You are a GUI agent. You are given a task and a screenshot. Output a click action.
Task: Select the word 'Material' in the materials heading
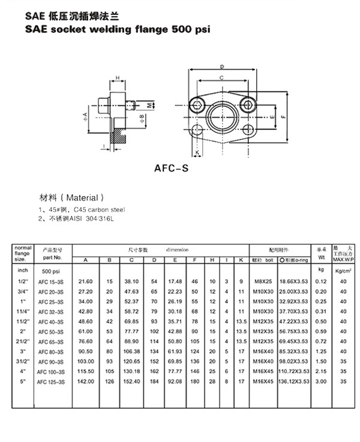click(x=85, y=197)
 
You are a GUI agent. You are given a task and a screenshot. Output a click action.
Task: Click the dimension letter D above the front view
click(x=221, y=66)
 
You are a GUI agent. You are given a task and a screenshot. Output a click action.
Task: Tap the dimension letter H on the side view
click(x=117, y=78)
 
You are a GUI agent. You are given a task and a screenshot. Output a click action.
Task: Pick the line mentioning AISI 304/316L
click(x=84, y=219)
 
